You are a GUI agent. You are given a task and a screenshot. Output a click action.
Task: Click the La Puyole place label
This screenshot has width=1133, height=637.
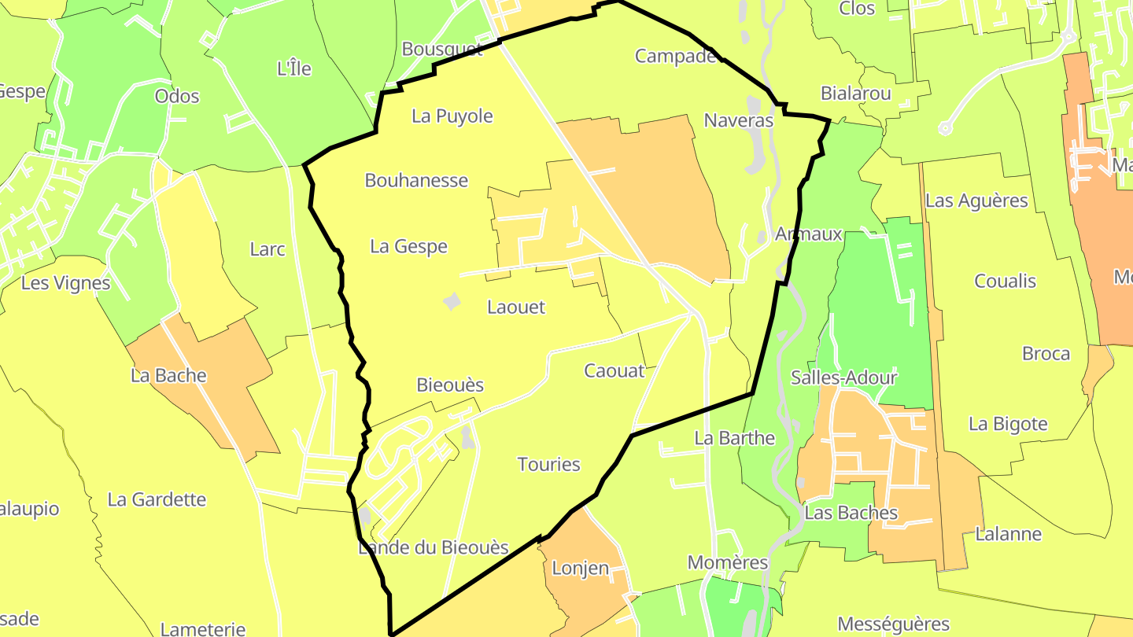452,116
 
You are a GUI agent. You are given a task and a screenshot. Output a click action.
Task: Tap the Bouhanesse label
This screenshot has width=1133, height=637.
416,180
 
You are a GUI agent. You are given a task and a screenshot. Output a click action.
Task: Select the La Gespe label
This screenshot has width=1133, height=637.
408,246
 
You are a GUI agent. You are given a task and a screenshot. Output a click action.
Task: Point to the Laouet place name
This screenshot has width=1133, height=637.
516,307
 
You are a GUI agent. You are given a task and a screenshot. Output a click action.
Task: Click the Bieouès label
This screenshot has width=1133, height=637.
450,385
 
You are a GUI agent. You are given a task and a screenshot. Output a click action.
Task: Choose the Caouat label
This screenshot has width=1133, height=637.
614,370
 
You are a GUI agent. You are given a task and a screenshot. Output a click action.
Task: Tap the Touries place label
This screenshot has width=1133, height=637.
549,464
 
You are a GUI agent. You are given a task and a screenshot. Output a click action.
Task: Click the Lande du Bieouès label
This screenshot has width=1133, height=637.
434,547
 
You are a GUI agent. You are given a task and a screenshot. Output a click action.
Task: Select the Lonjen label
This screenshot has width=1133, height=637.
581,568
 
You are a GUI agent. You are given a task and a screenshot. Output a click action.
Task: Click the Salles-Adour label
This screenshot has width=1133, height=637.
844,377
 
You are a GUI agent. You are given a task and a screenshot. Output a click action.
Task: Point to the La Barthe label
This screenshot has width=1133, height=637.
735,437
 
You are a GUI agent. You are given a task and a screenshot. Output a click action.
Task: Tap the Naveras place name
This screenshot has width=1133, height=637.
739,120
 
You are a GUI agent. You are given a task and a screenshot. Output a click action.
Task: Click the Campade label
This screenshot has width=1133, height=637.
675,56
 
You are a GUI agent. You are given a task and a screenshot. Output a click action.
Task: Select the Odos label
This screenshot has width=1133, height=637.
177,96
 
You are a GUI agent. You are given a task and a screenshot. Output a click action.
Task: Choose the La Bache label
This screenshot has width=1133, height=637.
169,375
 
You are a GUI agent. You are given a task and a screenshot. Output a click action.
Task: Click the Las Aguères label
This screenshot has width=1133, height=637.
976,201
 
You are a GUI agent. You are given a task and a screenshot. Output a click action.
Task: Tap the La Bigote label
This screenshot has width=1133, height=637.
1008,424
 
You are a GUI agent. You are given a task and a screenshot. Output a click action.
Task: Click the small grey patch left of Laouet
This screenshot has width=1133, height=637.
452,301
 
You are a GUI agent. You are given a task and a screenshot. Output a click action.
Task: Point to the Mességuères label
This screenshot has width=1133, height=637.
893,624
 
